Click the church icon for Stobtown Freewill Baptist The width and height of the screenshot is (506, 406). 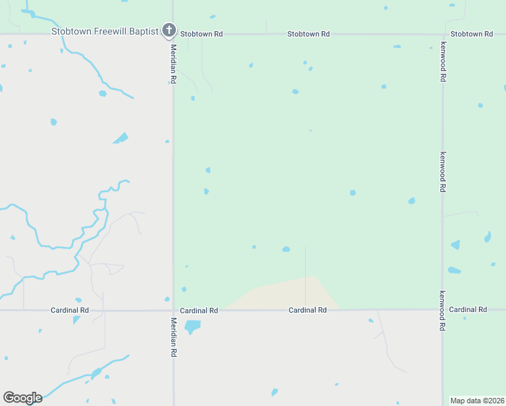coord(168,30)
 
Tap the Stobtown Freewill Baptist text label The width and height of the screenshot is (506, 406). coord(105,31)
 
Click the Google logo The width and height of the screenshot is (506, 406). coord(22,398)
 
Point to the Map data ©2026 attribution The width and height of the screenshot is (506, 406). coord(477,401)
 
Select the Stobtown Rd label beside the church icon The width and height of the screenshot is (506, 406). coord(202,34)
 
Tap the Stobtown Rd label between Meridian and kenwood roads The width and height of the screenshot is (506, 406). coord(308,34)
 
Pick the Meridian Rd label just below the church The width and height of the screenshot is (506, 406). coord(173,64)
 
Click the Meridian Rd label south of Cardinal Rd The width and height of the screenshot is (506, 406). coord(173,337)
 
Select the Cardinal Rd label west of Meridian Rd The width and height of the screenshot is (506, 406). coord(70,310)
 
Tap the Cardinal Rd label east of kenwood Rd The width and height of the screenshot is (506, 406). coord(467,309)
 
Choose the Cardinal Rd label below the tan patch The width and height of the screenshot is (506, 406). coord(308,310)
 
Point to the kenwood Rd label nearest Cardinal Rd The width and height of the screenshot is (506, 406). coord(442,311)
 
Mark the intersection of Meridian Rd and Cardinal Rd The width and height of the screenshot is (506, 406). coord(173,311)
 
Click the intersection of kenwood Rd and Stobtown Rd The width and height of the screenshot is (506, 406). coord(442,34)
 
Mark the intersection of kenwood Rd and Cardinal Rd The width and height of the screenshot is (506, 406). coord(442,310)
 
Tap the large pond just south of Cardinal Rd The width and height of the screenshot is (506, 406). coord(193,327)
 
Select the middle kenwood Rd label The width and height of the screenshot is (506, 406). coord(442,172)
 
